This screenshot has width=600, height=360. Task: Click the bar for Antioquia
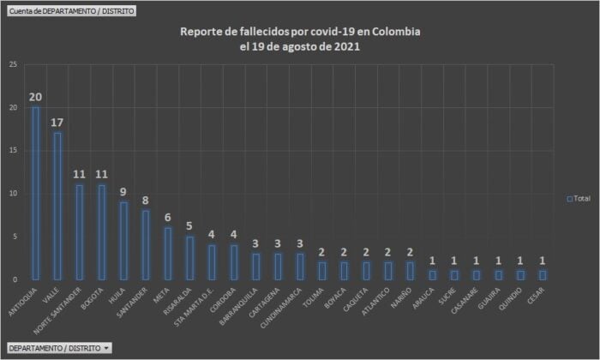(35, 193)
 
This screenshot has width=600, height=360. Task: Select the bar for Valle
(57, 206)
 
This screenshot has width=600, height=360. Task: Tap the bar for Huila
(123, 240)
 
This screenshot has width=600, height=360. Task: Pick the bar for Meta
(167, 253)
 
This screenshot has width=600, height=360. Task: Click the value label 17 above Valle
(57, 123)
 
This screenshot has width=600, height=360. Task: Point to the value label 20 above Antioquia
(35, 97)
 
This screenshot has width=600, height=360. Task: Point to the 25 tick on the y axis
(12, 65)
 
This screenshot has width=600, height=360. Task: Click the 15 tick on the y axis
(12, 151)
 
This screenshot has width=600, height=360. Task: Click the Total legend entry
(579, 198)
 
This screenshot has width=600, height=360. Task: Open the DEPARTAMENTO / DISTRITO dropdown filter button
(58, 348)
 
